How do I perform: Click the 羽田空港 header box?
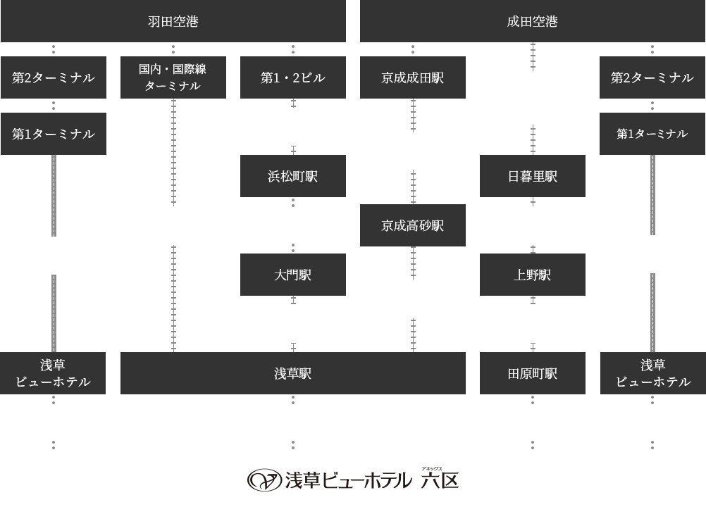tap(173, 21)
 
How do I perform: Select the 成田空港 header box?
tap(532, 21)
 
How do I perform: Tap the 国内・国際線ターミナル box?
tap(173, 77)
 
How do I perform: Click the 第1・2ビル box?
tap(292, 77)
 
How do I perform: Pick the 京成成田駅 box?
tap(412, 77)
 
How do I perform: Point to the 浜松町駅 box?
tap(292, 175)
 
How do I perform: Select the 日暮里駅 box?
tap(532, 175)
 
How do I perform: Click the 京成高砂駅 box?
tap(412, 225)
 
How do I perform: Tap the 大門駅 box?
tap(292, 274)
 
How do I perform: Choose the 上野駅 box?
tap(532, 274)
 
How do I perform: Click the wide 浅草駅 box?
tap(292, 373)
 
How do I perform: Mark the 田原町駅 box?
tap(532, 373)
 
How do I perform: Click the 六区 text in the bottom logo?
tap(440, 481)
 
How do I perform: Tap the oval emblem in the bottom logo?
tap(264, 480)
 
